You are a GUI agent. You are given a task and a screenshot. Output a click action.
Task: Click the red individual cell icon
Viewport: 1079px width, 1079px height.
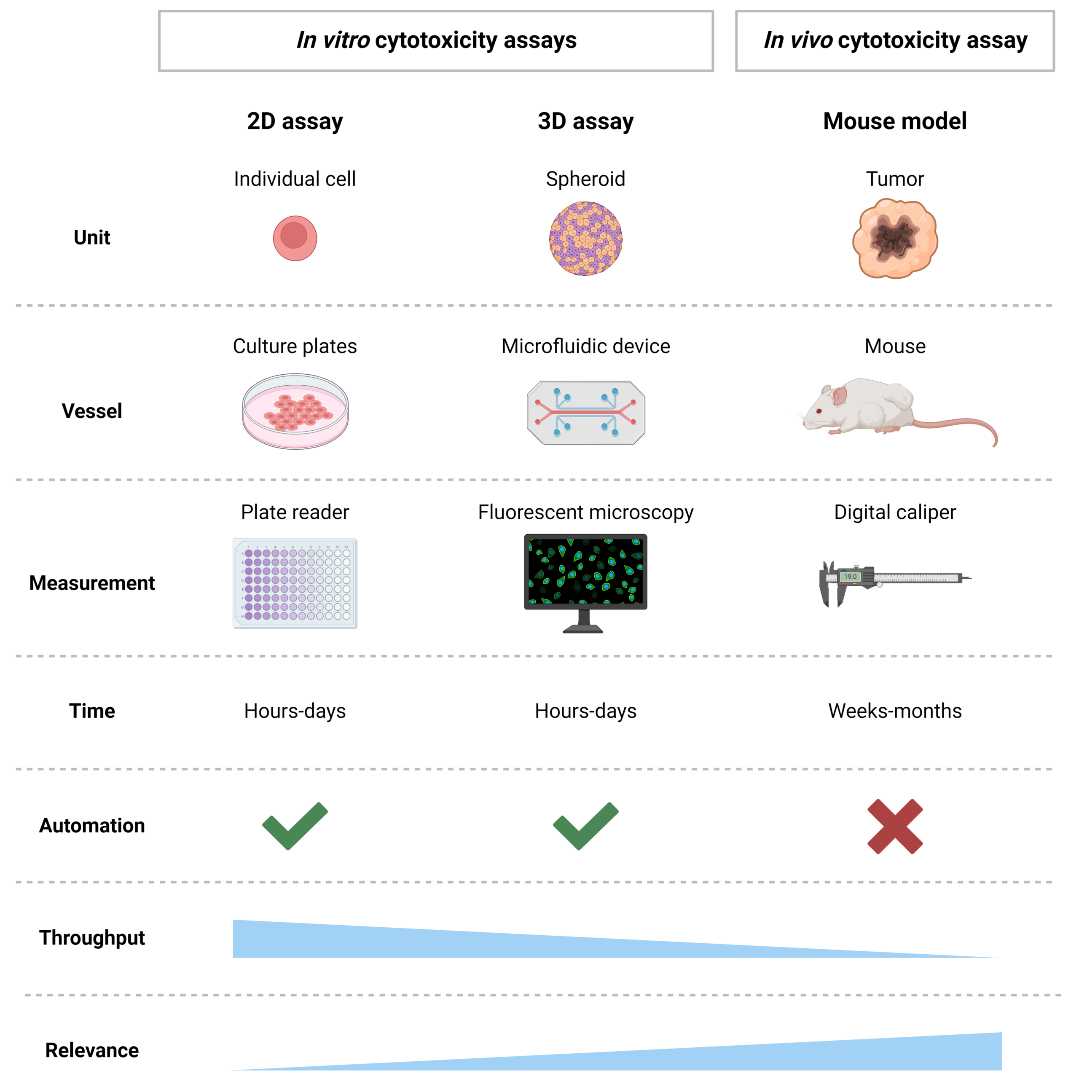pos(295,239)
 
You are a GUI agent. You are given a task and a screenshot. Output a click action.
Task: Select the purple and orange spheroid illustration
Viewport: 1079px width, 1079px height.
pos(585,239)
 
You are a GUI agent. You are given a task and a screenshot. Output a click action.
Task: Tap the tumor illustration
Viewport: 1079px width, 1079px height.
pos(895,239)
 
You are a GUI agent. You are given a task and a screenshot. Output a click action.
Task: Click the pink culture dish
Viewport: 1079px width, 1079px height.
pos(295,412)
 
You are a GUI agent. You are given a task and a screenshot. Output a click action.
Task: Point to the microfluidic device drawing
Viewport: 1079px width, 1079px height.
pos(586,413)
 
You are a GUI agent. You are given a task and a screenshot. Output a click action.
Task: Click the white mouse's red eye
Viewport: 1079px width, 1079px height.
pos(819,411)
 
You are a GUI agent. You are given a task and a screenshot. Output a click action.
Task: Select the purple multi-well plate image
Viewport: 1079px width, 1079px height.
pos(295,584)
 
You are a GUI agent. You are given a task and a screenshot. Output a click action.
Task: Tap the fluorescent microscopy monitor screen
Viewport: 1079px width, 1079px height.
pos(585,571)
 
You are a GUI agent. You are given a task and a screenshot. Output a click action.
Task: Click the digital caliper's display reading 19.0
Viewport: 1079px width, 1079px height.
pos(850,576)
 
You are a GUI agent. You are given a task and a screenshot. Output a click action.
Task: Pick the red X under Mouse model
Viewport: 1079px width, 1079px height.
pos(895,827)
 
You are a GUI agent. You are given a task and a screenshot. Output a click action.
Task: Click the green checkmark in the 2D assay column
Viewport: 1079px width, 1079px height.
pos(295,826)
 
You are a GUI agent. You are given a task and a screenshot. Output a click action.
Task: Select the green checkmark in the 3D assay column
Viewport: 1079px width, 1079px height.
pos(586,826)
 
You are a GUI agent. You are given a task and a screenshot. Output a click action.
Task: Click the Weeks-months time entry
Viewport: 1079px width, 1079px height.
pos(895,711)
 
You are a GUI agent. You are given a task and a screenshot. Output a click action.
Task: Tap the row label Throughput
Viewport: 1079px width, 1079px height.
pos(92,938)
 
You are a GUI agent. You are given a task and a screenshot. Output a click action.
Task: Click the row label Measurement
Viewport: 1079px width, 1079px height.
pos(92,583)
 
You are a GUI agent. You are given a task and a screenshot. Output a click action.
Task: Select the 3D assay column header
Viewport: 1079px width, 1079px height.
pos(586,121)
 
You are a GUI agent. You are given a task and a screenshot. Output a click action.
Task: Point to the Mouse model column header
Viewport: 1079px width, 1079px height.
pos(895,121)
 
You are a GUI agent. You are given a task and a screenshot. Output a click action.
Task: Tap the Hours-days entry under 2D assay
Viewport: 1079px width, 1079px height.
pos(295,711)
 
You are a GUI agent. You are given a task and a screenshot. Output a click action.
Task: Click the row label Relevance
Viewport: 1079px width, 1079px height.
pos(92,1050)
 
